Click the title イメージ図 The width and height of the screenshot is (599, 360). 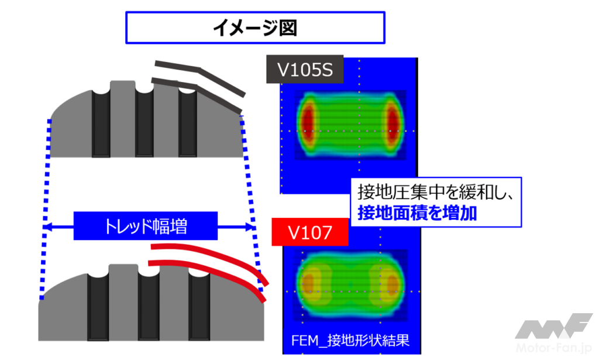(255, 28)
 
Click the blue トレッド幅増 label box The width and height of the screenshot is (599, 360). (145, 226)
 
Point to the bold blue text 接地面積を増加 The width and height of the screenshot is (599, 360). (417, 214)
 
